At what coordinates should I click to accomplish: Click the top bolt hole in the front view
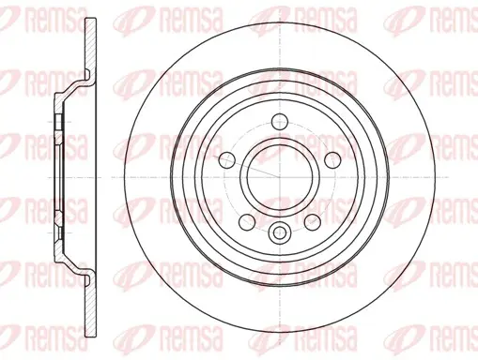pos(280,122)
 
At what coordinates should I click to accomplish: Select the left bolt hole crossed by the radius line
pos(227,160)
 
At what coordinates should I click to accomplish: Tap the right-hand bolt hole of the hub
pos(332,160)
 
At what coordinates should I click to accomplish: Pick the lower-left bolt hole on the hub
pos(247,222)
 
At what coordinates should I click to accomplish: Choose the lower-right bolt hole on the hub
pos(313,222)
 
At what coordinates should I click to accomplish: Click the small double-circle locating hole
pos(280,232)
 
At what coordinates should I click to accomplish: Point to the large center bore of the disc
pos(280,177)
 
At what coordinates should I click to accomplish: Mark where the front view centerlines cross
pos(280,177)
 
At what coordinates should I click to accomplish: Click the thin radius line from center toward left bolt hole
pos(246,166)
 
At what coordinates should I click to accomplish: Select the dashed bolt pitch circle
pos(280,122)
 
